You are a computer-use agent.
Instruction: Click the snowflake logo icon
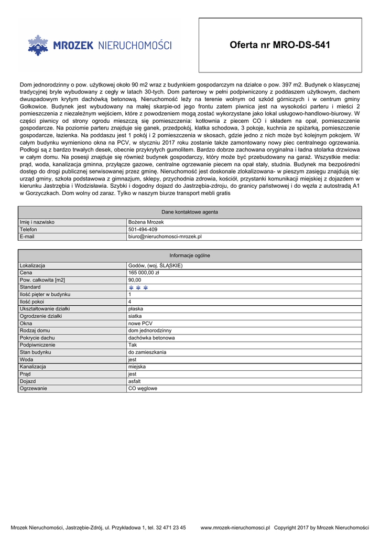tap(37, 46)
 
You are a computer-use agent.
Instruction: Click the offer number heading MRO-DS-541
tap(280, 45)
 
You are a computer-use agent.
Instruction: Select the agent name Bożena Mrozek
tap(146, 222)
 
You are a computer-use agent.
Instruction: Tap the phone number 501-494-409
tap(143, 230)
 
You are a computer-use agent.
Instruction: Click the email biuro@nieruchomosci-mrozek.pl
tap(165, 237)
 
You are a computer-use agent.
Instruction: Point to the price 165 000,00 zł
tap(144, 273)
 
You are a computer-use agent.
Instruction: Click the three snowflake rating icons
tap(139, 287)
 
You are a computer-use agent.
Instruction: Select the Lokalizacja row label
tap(32, 266)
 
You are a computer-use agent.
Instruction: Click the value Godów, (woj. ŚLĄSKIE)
tap(156, 266)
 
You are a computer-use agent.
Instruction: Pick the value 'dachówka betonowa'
tap(151, 338)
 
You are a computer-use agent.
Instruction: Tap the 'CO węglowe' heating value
tap(143, 389)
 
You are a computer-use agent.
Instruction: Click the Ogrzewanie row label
tap(34, 389)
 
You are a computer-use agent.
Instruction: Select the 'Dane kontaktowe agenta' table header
tap(190, 212)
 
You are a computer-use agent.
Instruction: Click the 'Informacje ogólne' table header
tap(190, 255)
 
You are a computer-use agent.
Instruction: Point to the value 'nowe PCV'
tap(140, 324)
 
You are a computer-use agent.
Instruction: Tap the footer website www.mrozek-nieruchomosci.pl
tap(235, 528)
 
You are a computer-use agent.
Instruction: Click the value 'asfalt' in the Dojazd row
tap(135, 381)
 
